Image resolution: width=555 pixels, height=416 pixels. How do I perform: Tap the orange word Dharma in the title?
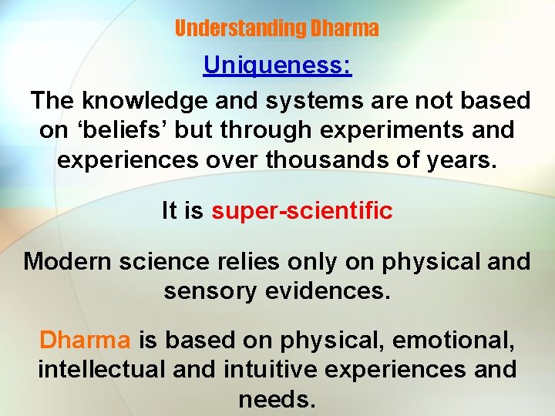344,29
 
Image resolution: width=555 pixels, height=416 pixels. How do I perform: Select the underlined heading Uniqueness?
277,65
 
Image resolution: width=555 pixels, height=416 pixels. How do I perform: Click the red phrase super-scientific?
302,210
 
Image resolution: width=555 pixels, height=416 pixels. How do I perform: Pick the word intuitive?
270,370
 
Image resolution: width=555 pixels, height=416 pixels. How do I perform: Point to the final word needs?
277,400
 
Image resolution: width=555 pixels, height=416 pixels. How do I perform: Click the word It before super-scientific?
171,210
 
